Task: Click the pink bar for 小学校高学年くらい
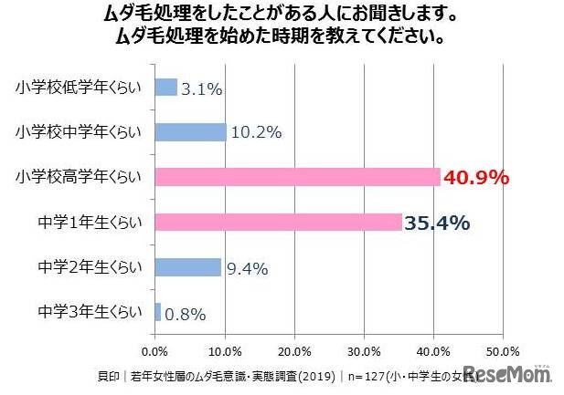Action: [297, 177]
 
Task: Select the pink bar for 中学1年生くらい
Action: [278, 222]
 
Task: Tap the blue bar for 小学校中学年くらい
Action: [190, 132]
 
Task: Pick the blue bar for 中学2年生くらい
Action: [187, 266]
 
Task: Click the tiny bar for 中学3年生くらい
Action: [158, 312]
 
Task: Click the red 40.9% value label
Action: [474, 178]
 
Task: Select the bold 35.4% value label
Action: [437, 223]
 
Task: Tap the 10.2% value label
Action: [256, 133]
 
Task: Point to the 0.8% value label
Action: [186, 314]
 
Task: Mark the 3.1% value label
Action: [202, 88]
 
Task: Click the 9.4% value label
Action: [247, 268]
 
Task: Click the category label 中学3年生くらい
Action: [90, 312]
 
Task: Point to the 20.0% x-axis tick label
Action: [294, 350]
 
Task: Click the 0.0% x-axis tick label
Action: [155, 350]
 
